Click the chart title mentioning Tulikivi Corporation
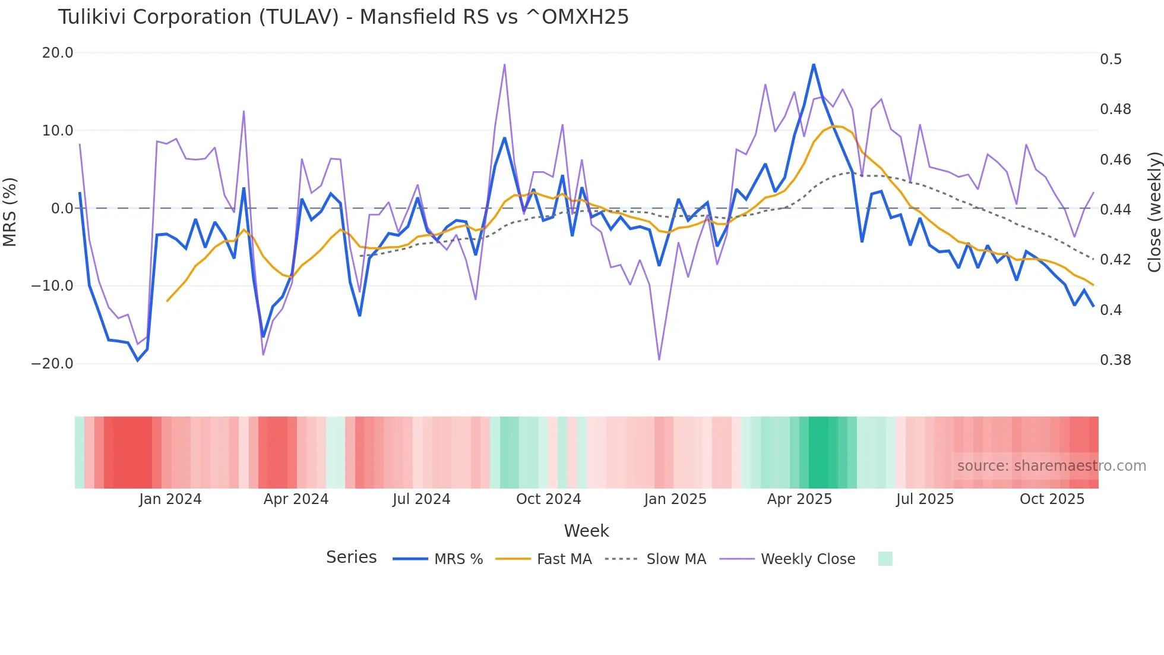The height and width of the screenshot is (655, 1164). coord(343,17)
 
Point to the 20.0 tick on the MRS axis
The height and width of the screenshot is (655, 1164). coord(58,53)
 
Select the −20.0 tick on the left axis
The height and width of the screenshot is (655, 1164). coord(52,363)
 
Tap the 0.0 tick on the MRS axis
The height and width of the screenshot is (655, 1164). coord(62,208)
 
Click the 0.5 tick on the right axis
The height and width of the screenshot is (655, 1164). coord(1111,59)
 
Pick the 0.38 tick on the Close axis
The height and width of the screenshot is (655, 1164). coord(1115,360)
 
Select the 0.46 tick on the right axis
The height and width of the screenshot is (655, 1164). coord(1115,159)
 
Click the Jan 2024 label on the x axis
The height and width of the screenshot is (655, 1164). coord(170,499)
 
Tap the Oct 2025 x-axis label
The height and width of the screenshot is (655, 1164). coord(1052,499)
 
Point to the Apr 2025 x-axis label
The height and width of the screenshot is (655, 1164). coord(799,499)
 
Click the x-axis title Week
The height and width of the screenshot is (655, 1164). coord(586,530)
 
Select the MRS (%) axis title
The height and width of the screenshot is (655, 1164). coord(10,212)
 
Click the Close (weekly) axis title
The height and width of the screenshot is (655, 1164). coord(1154,212)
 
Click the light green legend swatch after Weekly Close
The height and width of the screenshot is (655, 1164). coord(885,559)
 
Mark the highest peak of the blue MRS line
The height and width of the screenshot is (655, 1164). coord(814,64)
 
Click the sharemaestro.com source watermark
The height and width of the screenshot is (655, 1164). coord(1051,465)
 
